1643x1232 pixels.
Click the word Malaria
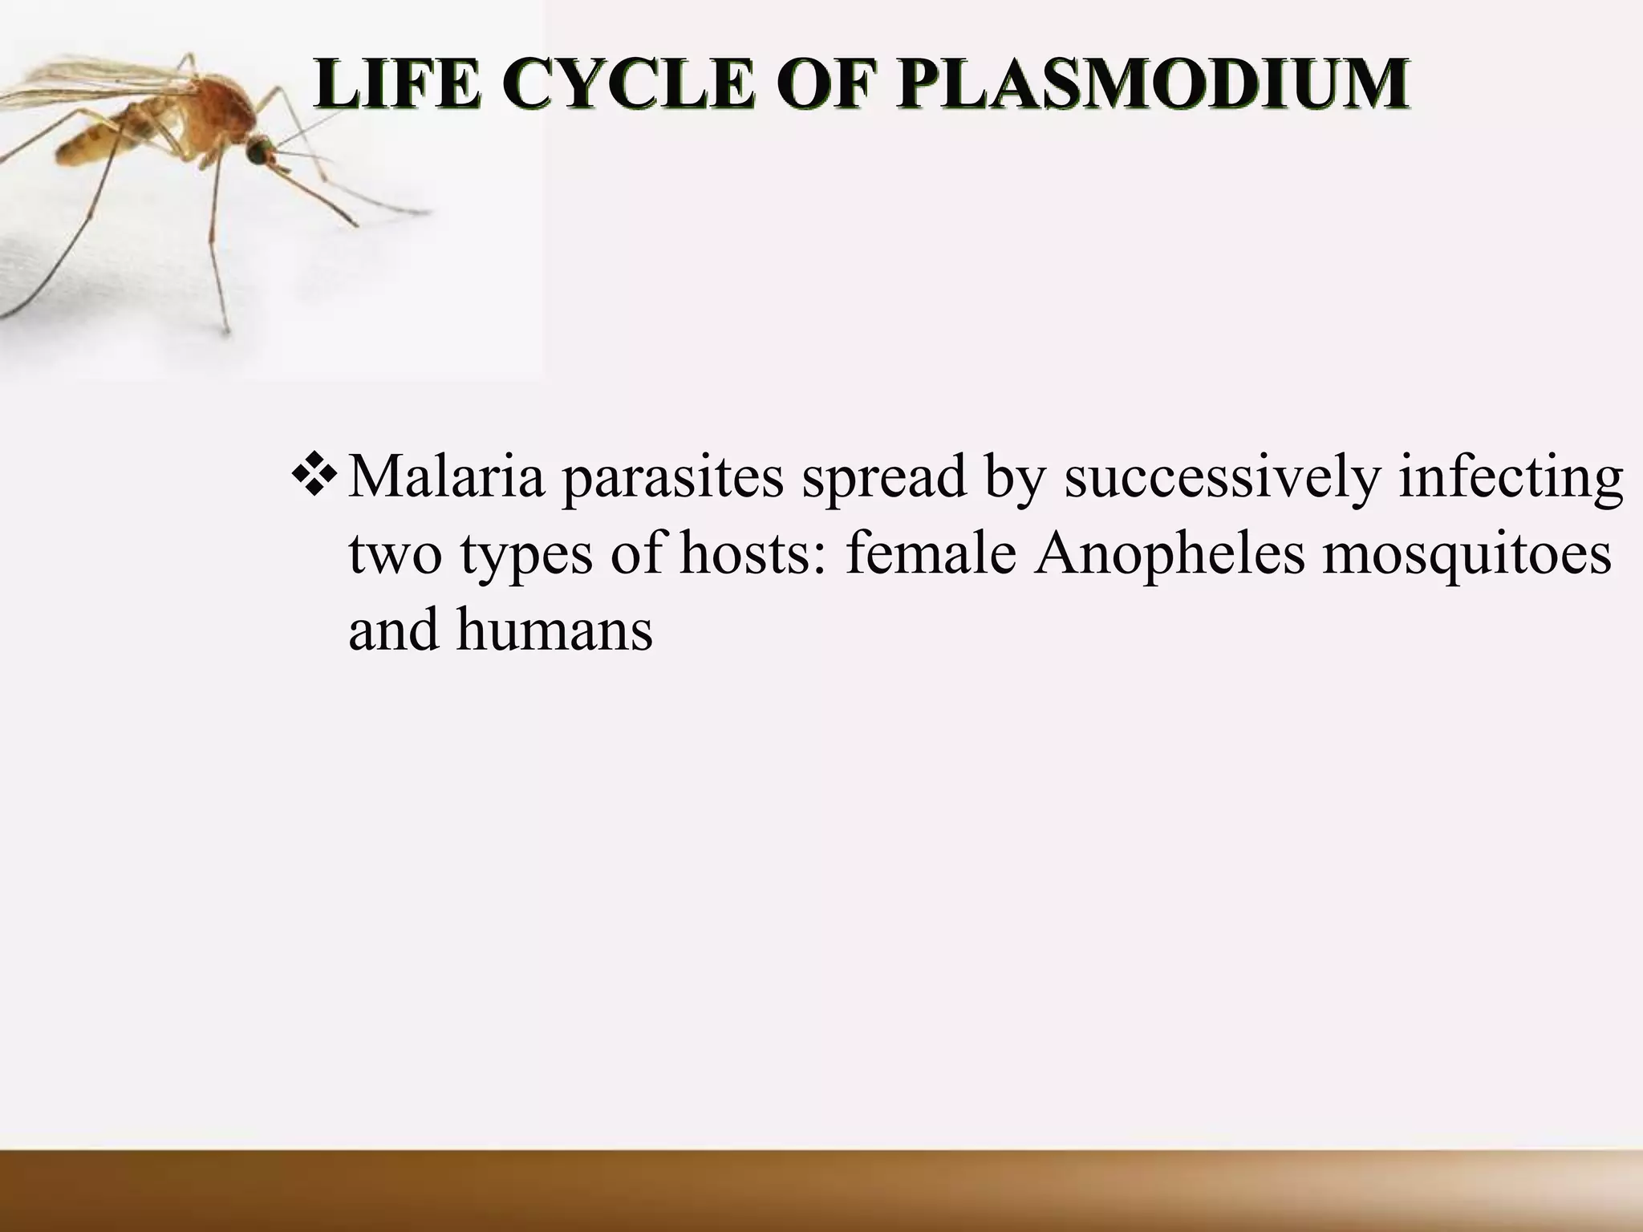pyautogui.click(x=446, y=477)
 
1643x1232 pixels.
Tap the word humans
pyautogui.click(x=554, y=630)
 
